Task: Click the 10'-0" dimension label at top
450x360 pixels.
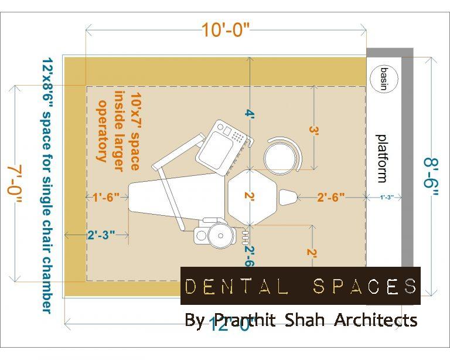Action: [x=226, y=30]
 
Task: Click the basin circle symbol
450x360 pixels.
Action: [x=384, y=78]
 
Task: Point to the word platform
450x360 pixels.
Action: [x=382, y=158]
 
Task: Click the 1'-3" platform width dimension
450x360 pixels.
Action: [x=386, y=198]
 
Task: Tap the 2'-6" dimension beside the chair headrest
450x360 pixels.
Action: [x=330, y=198]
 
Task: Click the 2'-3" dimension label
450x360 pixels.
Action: [x=101, y=235]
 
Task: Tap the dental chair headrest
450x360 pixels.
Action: [x=288, y=198]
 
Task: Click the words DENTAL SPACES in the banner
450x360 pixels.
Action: [x=301, y=286]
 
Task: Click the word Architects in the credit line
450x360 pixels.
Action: [x=376, y=320]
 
